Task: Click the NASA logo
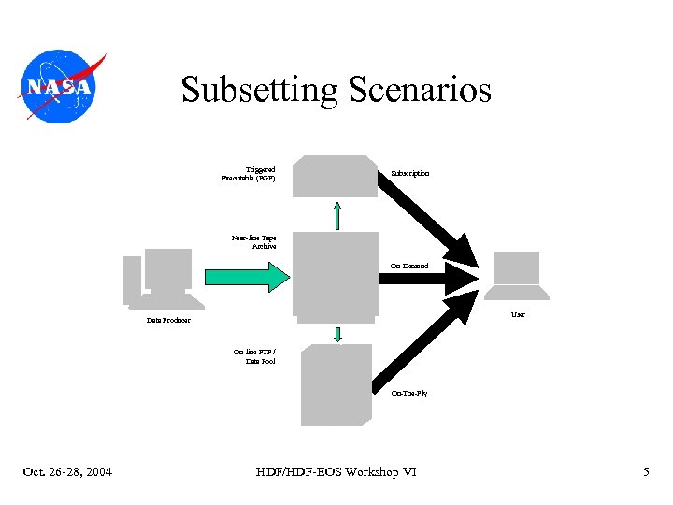tap(60, 86)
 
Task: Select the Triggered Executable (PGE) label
tap(249, 174)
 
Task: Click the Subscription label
tap(410, 174)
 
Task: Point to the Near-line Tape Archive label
tap(254, 242)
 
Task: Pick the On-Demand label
tap(409, 267)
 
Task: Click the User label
tap(518, 314)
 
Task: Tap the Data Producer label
tap(168, 321)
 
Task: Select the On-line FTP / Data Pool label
tap(254, 356)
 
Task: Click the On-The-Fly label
tap(409, 394)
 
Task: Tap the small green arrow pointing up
tap(337, 214)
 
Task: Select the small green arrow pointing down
tap(337, 334)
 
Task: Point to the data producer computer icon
tap(163, 279)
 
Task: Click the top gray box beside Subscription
tap(335, 176)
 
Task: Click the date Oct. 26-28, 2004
tap(67, 472)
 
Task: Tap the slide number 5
tap(646, 472)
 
